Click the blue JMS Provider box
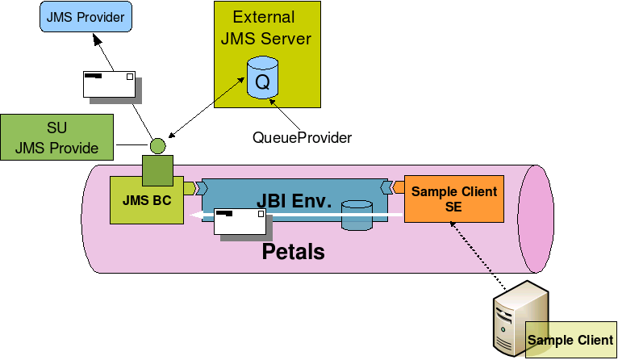tap(85, 17)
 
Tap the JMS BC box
tap(146, 200)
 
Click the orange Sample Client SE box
tap(453, 199)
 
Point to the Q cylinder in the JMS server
tap(262, 78)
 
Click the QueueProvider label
tap(302, 138)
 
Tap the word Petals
tap(293, 252)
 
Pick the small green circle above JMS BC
tap(157, 146)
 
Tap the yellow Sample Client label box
tap(570, 340)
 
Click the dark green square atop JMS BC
tap(157, 170)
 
